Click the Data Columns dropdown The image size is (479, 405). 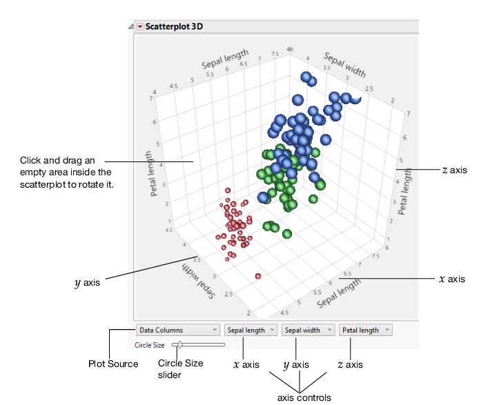click(x=178, y=330)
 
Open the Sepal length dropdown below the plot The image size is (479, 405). click(x=251, y=330)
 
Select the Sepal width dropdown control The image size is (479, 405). click(x=309, y=330)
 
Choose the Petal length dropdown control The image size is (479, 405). click(x=366, y=330)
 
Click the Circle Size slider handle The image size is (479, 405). click(x=179, y=344)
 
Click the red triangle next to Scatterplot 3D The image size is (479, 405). click(x=139, y=26)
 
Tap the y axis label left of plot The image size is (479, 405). click(x=88, y=281)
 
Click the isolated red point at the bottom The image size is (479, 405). click(x=258, y=276)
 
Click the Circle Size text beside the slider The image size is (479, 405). click(x=149, y=344)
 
